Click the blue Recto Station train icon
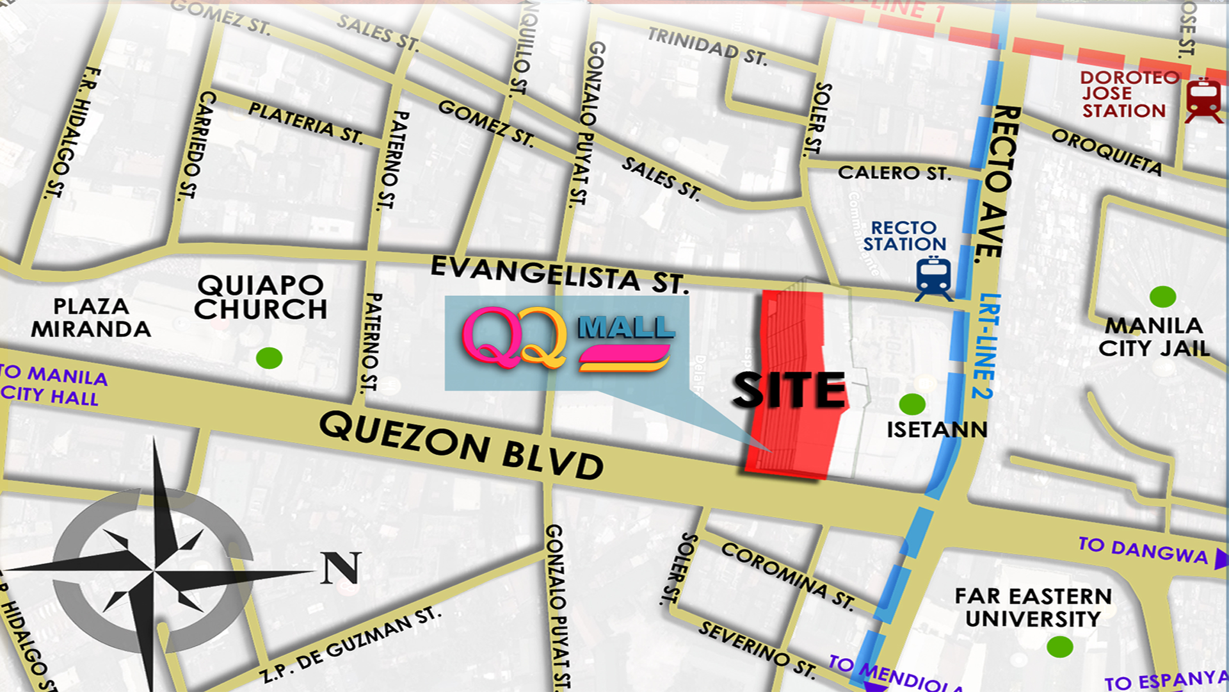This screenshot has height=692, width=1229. [x=934, y=278]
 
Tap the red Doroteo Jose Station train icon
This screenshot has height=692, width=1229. [x=1203, y=99]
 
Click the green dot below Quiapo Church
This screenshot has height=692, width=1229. [x=269, y=358]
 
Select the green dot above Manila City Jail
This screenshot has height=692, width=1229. [x=1162, y=297]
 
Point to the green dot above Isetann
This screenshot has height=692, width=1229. [x=912, y=404]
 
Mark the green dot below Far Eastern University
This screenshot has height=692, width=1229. [x=1059, y=647]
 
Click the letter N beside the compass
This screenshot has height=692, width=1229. [x=341, y=568]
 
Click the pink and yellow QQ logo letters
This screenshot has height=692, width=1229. [x=514, y=338]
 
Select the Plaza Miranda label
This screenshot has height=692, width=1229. [x=91, y=318]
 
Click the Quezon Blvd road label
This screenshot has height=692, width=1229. [x=461, y=446]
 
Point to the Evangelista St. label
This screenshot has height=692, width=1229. [x=559, y=274]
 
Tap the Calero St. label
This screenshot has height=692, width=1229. [x=894, y=173]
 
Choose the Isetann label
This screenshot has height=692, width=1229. [x=937, y=429]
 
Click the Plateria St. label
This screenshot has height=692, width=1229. [x=306, y=122]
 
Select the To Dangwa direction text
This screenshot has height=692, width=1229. [x=1143, y=550]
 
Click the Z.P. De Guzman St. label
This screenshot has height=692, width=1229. [x=350, y=644]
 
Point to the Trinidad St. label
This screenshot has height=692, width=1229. [x=707, y=47]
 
